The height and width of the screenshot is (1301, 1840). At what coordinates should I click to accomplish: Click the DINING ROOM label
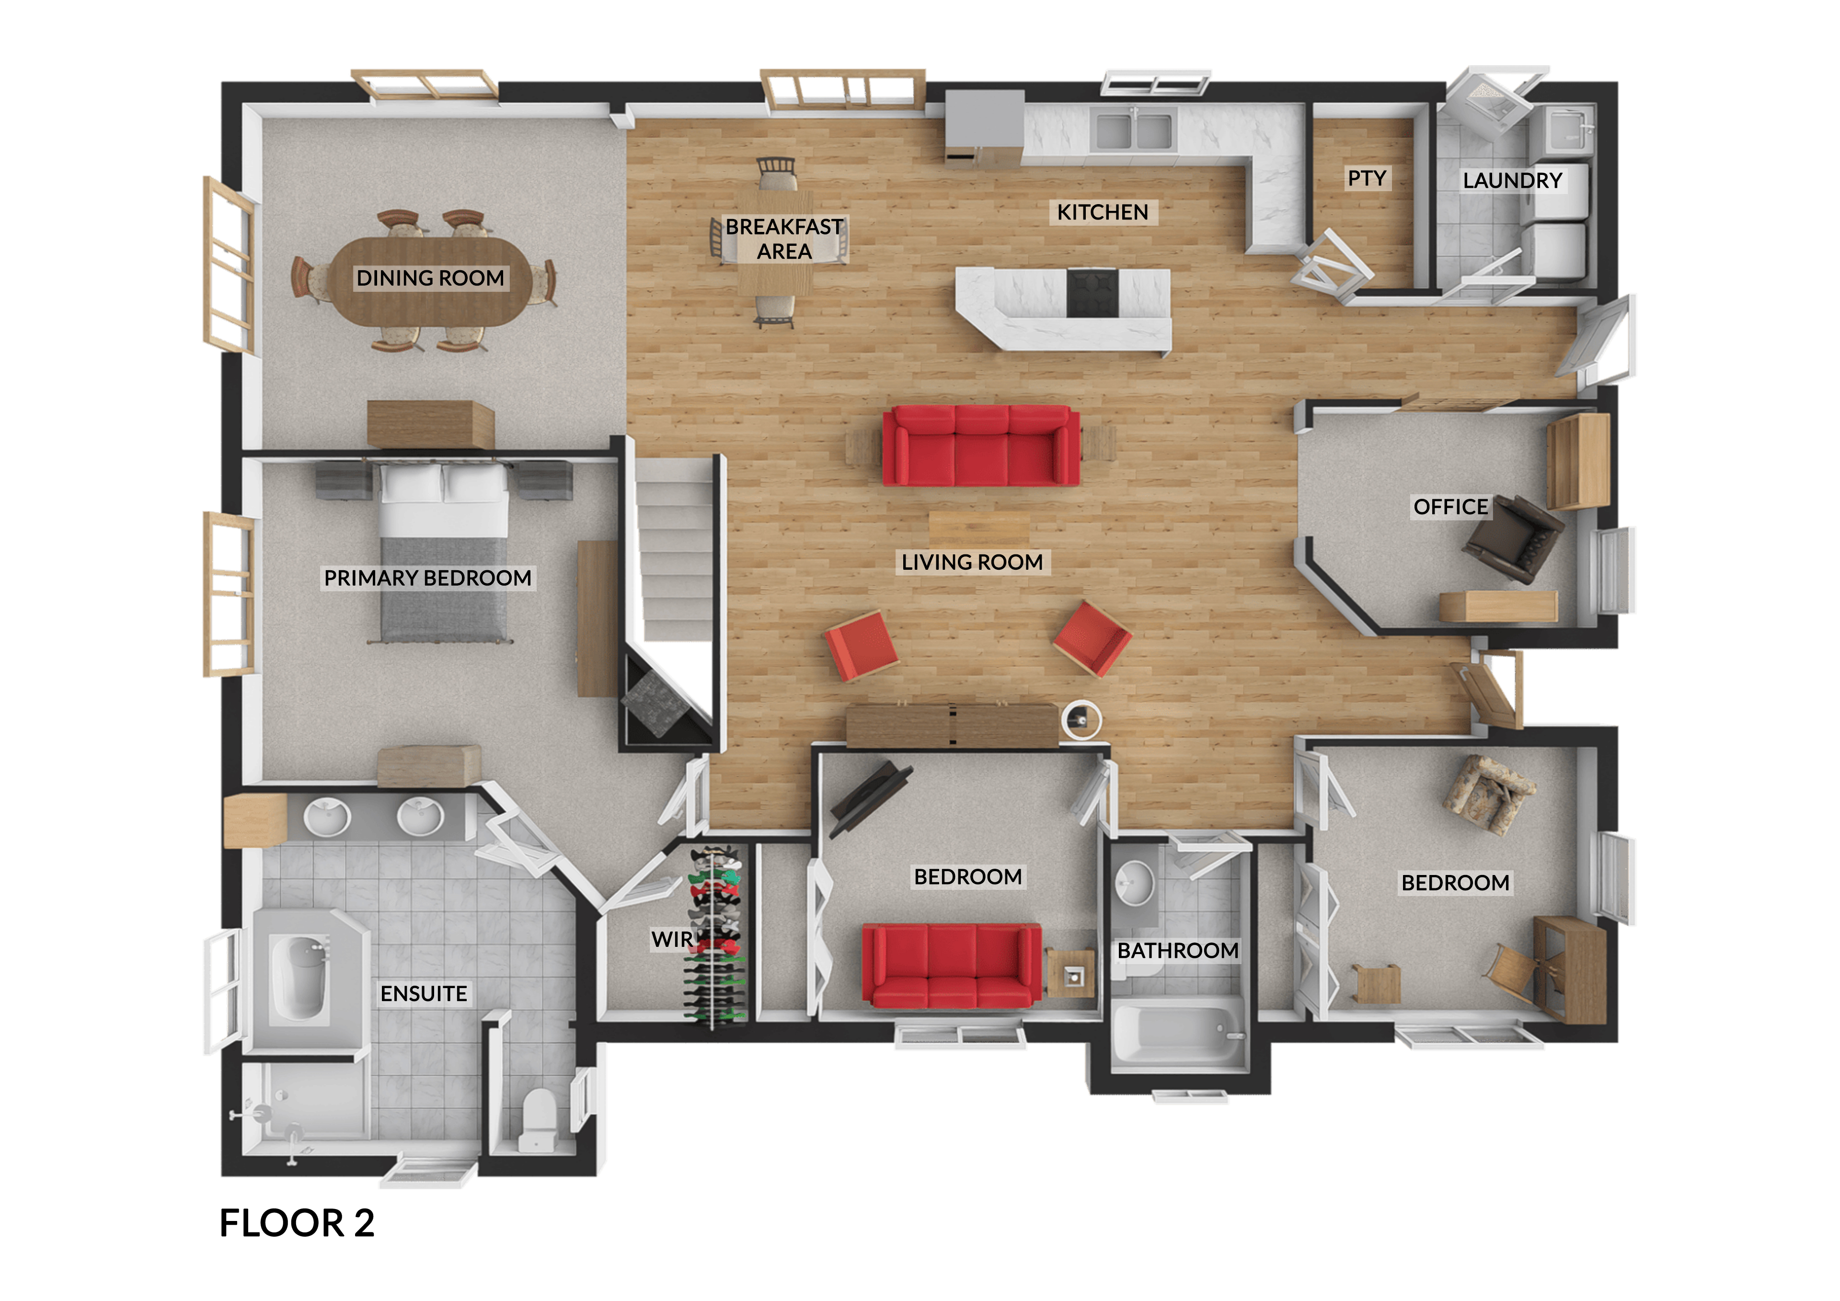coord(430,278)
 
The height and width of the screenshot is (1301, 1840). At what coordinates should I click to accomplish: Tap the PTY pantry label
coord(1367,178)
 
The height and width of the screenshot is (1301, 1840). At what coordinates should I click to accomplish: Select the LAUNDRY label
coord(1512,180)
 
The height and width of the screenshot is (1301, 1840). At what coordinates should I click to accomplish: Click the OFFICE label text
coord(1450,507)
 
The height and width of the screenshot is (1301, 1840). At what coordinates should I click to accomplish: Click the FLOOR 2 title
coord(297,1223)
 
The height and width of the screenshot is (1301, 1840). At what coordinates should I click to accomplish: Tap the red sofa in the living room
coord(981,446)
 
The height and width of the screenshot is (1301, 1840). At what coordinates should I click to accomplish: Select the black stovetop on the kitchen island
coord(1092,293)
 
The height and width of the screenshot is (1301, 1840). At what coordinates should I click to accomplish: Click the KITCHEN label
coord(1102,212)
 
